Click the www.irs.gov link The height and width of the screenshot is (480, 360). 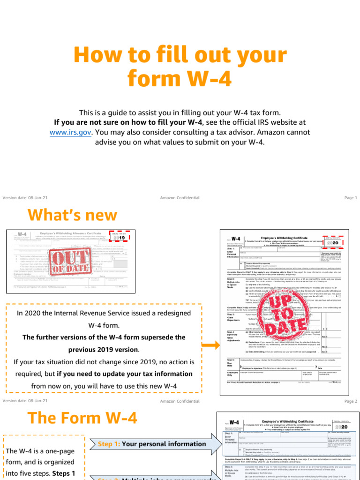point(70,133)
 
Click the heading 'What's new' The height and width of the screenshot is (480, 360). point(72,215)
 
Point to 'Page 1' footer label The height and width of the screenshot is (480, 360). point(351,198)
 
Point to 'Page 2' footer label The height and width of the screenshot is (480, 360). point(351,401)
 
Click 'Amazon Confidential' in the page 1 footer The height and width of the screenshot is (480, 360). point(180,198)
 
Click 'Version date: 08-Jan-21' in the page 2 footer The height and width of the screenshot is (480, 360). point(25,401)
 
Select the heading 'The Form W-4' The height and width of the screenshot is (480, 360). point(82,418)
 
